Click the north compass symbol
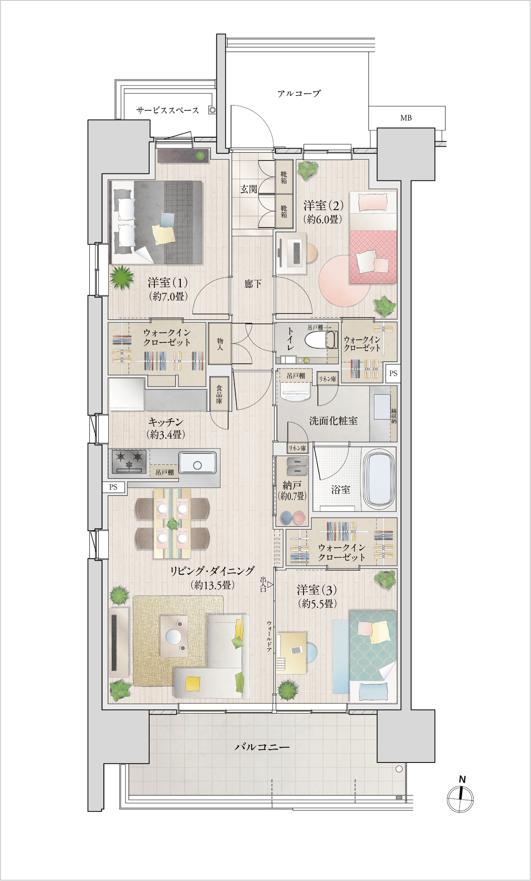click(460, 798)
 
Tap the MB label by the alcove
click(406, 118)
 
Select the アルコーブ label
click(299, 93)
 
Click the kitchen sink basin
click(198, 463)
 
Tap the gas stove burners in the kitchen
click(129, 461)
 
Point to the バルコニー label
click(262, 747)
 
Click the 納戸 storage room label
click(292, 485)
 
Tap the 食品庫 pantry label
click(219, 394)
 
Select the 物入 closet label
click(220, 344)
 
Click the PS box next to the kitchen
click(113, 487)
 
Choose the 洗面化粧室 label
click(333, 421)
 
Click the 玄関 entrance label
click(249, 189)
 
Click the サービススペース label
click(167, 110)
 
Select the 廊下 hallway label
click(253, 283)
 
